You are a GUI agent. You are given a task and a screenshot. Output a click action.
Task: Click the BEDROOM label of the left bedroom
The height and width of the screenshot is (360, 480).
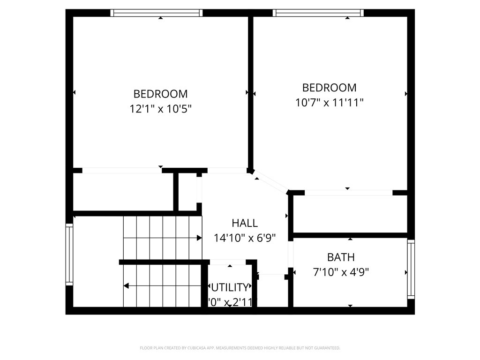pos(160,94)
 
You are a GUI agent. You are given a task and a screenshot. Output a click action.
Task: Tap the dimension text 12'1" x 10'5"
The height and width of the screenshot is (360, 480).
pos(160,109)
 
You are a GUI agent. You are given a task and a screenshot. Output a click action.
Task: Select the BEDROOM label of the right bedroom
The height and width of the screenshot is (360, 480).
pos(329,88)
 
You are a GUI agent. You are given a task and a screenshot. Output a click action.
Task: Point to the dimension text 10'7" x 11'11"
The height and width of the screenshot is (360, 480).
pos(330,103)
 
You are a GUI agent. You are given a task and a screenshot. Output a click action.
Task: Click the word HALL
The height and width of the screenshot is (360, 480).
pos(245,223)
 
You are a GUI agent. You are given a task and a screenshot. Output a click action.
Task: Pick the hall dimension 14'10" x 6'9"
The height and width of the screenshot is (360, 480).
pos(245,238)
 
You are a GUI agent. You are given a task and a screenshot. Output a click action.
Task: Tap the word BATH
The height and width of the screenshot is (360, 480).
pos(341,257)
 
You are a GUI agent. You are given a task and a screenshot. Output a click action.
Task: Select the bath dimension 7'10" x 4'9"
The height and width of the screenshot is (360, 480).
pos(341,272)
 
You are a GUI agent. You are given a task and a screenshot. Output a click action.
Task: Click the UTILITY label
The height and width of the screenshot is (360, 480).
pos(230,287)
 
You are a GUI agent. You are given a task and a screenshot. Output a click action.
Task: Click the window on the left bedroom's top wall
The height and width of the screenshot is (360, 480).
pos(157,13)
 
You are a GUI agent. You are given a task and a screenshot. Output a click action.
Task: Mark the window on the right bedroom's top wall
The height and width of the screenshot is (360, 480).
pos(318,13)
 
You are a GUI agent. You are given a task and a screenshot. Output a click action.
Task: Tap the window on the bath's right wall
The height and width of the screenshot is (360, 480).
pos(411,269)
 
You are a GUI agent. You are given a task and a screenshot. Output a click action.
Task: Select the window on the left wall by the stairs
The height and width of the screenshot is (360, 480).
pos(69,255)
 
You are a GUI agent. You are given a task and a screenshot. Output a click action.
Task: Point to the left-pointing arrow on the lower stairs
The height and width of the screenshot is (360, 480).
pos(127,285)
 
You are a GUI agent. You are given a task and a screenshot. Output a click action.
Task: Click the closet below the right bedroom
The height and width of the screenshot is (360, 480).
pos(350,214)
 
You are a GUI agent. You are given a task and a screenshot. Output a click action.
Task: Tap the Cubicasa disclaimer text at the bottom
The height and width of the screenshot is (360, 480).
pos(240,348)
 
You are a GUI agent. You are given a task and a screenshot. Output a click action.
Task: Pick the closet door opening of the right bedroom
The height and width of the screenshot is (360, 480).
pos(348,193)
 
